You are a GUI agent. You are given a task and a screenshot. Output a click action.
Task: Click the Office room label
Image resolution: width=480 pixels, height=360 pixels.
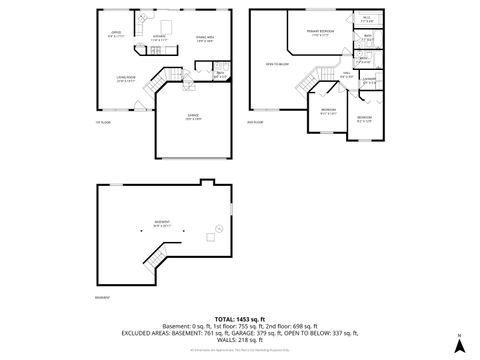click(115, 34)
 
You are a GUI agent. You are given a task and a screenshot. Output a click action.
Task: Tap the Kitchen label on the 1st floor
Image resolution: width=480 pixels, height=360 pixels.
click(158, 36)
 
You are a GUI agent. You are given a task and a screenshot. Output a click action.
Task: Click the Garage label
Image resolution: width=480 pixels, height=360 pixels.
click(192, 117)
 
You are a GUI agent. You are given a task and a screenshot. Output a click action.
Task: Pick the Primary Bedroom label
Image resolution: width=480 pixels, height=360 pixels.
click(319, 35)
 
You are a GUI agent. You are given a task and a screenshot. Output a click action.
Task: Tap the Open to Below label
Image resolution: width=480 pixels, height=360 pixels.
click(277, 64)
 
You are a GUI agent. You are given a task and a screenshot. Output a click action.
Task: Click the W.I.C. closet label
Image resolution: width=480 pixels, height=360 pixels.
click(366, 18)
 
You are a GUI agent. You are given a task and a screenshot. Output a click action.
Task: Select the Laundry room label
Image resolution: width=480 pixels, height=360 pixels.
click(368, 80)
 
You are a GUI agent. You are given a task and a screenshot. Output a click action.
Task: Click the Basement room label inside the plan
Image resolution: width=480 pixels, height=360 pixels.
click(161, 223)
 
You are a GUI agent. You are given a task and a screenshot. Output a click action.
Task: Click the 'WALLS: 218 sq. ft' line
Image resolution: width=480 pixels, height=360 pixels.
click(239, 340)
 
